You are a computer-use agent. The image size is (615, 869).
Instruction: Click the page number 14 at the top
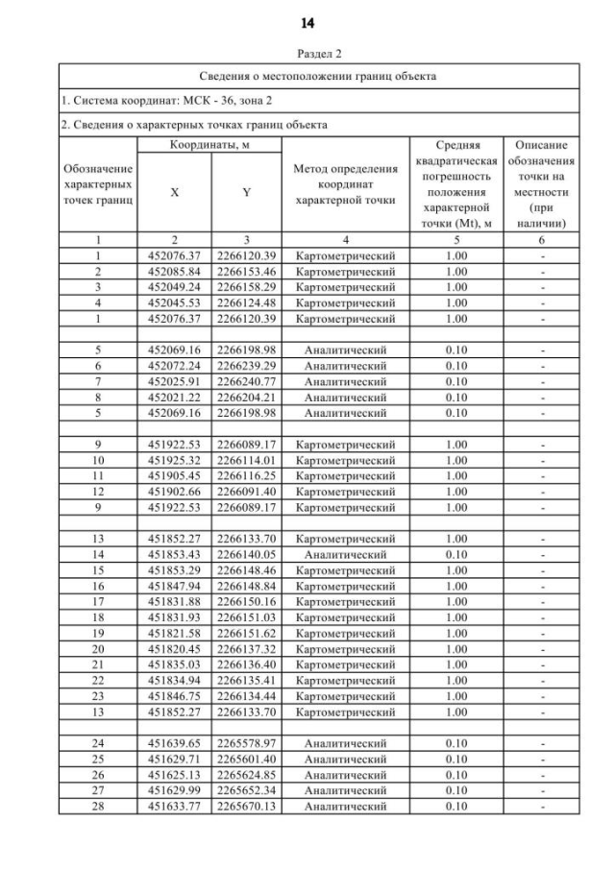(x=307, y=22)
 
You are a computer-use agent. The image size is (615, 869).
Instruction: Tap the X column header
(x=174, y=192)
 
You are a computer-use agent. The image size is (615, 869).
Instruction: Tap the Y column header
(x=246, y=192)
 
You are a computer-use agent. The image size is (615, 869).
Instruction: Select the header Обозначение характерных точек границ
(x=97, y=184)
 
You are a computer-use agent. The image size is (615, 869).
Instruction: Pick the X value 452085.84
(x=174, y=272)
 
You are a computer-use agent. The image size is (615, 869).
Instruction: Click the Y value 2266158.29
(x=246, y=287)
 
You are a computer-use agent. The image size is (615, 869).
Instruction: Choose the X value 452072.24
(x=174, y=366)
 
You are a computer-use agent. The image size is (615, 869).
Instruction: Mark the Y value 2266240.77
(x=246, y=381)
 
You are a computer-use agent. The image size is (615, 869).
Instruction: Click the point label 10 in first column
(x=97, y=460)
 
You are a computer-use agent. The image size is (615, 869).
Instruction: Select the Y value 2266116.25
(x=246, y=476)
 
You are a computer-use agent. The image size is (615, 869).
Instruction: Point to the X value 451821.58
(x=174, y=634)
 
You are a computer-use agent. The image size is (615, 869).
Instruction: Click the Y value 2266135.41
(x=246, y=681)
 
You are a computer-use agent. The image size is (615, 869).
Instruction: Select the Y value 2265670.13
(x=246, y=807)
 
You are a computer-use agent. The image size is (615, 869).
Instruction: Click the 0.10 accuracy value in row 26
(x=455, y=775)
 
